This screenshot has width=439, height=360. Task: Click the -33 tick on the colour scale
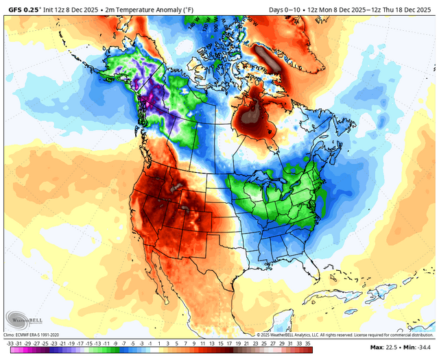[9, 343]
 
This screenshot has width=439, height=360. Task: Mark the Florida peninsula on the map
[309, 273]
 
